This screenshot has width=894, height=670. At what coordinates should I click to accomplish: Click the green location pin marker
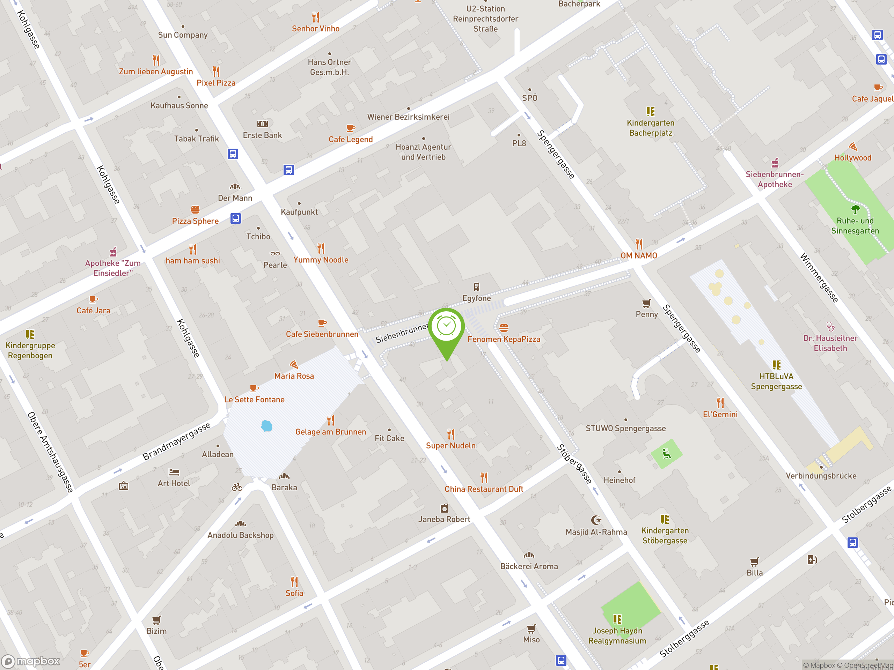pyautogui.click(x=447, y=328)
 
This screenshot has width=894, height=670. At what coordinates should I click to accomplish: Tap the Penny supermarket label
pyautogui.click(x=647, y=314)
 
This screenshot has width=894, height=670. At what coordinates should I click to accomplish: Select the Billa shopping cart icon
pyautogui.click(x=754, y=562)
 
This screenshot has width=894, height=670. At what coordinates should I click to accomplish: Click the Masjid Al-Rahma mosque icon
pyautogui.click(x=596, y=520)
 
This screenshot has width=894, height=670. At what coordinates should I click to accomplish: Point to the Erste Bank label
pyautogui.click(x=262, y=135)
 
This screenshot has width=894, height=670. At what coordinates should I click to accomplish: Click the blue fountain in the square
pyautogui.click(x=267, y=426)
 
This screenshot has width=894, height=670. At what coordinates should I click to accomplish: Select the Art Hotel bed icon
pyautogui.click(x=174, y=472)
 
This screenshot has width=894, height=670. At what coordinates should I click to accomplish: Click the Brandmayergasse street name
pyautogui.click(x=177, y=441)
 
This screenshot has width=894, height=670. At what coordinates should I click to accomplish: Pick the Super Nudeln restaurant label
pyautogui.click(x=450, y=446)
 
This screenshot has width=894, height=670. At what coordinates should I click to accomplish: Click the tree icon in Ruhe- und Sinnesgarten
pyautogui.click(x=855, y=209)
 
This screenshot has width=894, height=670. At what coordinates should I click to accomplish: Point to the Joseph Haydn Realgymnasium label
pyautogui.click(x=617, y=636)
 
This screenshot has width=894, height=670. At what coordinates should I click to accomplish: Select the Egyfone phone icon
pyautogui.click(x=476, y=287)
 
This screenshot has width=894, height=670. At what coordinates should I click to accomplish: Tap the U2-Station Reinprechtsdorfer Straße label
pyautogui.click(x=485, y=18)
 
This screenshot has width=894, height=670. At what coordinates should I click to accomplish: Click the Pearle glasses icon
pyautogui.click(x=275, y=254)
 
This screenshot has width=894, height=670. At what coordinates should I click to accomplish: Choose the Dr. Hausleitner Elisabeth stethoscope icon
pyautogui.click(x=830, y=326)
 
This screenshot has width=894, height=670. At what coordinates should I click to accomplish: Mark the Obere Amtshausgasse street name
pyautogui.click(x=50, y=452)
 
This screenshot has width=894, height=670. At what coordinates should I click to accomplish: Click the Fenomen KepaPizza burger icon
pyautogui.click(x=504, y=328)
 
